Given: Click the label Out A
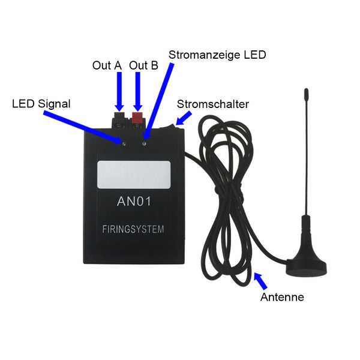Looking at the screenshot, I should [107, 65].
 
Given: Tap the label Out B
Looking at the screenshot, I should [144, 65].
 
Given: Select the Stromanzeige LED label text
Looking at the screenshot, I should [217, 55].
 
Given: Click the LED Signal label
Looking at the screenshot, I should [41, 104].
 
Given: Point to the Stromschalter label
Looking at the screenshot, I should [213, 104].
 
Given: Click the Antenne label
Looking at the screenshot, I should [282, 297].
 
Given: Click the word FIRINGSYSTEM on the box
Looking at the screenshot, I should [133, 229].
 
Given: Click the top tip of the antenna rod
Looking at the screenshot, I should [305, 91].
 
